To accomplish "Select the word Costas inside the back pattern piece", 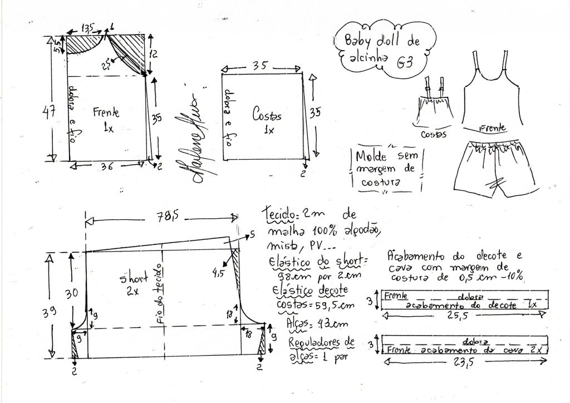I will click(x=267, y=116).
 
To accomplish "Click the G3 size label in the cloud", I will click(x=405, y=62).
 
